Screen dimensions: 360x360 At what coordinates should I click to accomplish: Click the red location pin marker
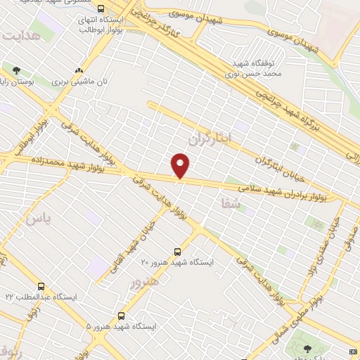pyautogui.click(x=181, y=165)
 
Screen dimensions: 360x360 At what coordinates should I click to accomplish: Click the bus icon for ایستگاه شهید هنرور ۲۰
pyautogui.click(x=178, y=251)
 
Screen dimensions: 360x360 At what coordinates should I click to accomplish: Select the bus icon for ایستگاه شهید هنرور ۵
pyautogui.click(x=122, y=316)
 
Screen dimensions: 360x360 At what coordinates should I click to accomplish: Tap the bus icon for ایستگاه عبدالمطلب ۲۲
pyautogui.click(x=41, y=287)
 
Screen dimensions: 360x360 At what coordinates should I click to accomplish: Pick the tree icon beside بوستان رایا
pyautogui.click(x=16, y=70)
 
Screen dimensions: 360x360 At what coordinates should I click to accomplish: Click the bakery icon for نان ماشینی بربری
pyautogui.click(x=79, y=70)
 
